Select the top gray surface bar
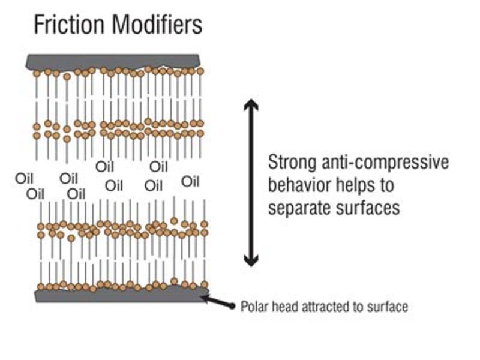[114, 61]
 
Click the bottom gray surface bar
[120, 295]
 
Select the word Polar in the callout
[253, 307]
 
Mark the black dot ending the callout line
[232, 306]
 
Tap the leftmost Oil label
[23, 178]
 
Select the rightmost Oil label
[190, 181]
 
